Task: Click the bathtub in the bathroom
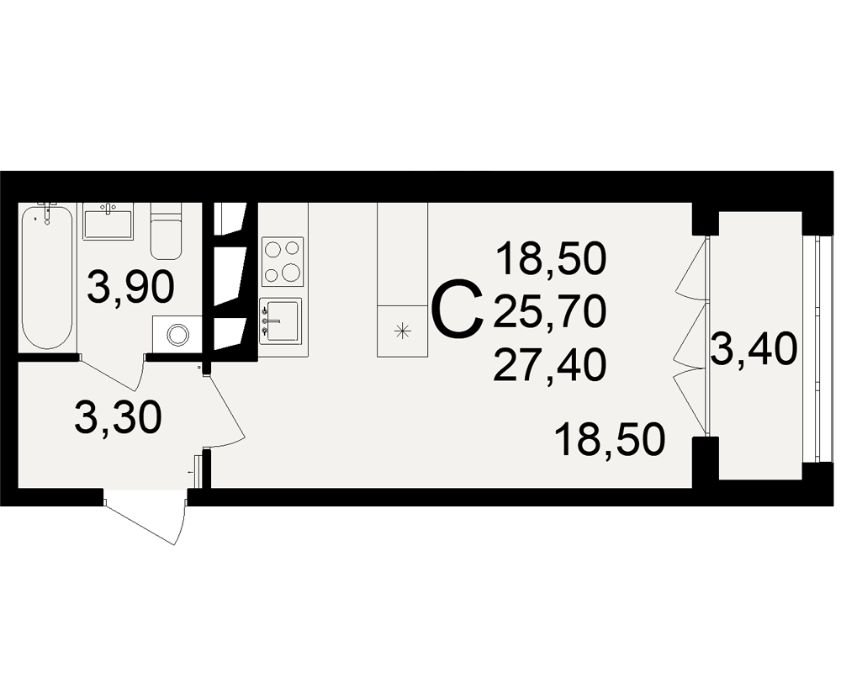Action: [x=46, y=277]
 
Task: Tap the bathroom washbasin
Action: [x=108, y=224]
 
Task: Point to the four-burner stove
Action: [x=283, y=262]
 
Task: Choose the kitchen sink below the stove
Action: [x=281, y=321]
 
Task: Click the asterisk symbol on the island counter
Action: [x=402, y=331]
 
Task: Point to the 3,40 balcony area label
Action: [x=754, y=349]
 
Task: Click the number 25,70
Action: [x=550, y=312]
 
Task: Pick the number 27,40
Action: [x=550, y=365]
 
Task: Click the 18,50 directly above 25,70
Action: [x=552, y=258]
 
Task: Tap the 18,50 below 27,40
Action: [x=611, y=439]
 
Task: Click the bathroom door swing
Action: [x=110, y=374]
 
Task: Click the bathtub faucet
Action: [x=47, y=211]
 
